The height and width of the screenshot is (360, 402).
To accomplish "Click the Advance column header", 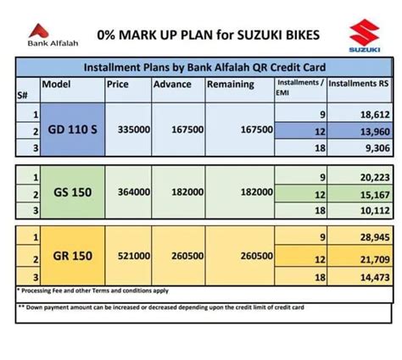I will click(x=172, y=85).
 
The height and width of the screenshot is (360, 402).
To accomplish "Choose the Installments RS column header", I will click(x=358, y=85).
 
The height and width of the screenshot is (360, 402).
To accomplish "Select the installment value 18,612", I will click(x=373, y=114).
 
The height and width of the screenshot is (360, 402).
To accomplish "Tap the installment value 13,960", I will click(x=373, y=130).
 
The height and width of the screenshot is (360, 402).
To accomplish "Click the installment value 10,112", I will click(x=373, y=212).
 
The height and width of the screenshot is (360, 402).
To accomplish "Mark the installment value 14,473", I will click(x=373, y=276).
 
